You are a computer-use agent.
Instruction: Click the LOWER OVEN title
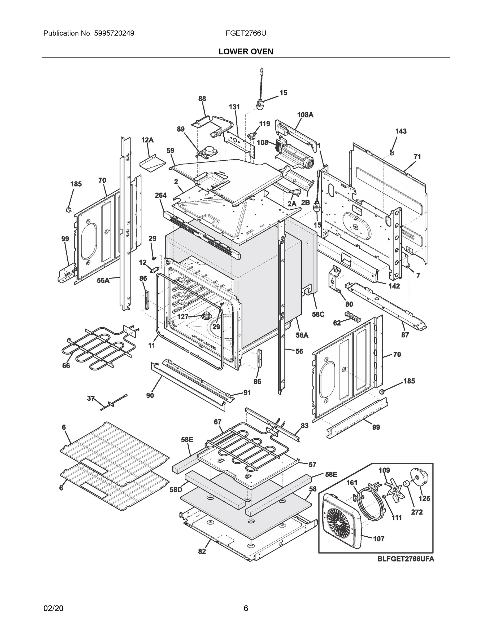tap(246, 52)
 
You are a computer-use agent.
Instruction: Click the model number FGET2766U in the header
tap(246, 33)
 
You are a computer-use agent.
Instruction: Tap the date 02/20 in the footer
tap(53, 608)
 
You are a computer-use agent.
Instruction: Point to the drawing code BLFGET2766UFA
tap(406, 559)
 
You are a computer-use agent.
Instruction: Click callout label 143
tap(401, 131)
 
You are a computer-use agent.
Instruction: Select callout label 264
tap(161, 195)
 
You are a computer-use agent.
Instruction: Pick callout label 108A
tap(305, 115)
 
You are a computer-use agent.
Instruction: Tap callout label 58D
tap(176, 490)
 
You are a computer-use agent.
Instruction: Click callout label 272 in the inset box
tap(417, 512)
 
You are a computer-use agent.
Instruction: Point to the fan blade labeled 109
tap(392, 488)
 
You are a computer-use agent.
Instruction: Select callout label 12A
tap(147, 140)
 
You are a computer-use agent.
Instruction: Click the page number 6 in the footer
tap(246, 608)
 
